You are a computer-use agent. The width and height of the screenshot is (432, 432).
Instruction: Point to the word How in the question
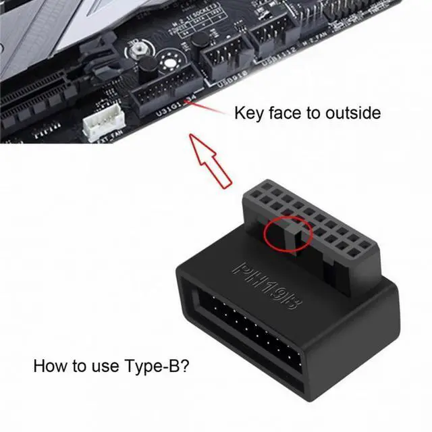pos(49,367)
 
